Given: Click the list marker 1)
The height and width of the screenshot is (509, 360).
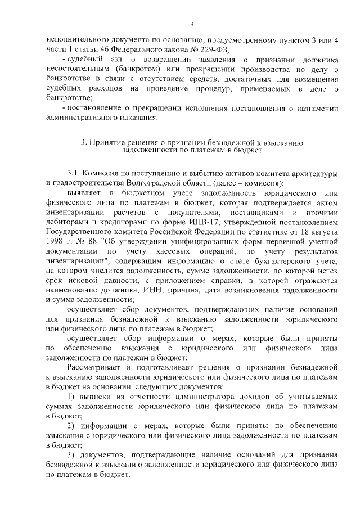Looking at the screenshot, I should [71, 397].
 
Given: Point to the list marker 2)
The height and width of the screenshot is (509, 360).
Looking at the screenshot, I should [71, 426].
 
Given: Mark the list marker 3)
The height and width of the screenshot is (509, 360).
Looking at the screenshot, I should [71, 454].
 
